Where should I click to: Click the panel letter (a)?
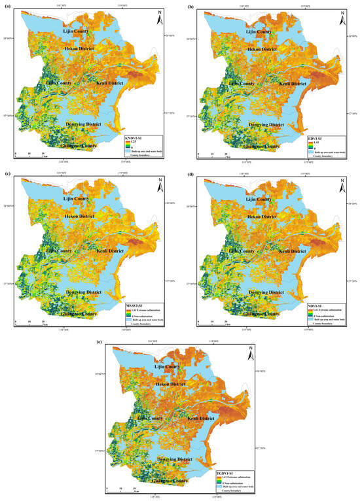click(x=5, y=5)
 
